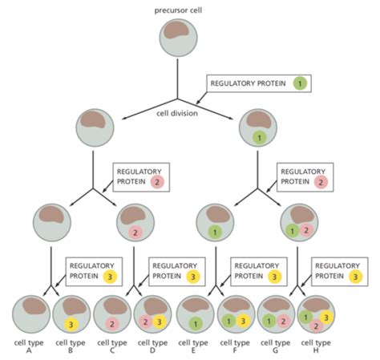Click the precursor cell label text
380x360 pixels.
tap(178, 10)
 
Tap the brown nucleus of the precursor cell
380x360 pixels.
tap(176, 30)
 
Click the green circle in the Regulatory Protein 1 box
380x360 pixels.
tap(300, 83)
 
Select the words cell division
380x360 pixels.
tap(177, 113)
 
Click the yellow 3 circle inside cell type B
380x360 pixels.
tap(71, 325)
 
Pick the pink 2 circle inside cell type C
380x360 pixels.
tap(112, 324)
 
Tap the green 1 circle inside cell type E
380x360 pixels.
tap(196, 324)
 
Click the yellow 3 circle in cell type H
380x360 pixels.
tap(326, 318)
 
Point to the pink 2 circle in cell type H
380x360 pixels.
tap(316, 326)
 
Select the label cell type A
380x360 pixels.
tap(29, 346)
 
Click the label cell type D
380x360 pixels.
tap(152, 346)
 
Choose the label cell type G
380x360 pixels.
tap(275, 346)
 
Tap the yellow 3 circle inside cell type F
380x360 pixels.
tap(243, 321)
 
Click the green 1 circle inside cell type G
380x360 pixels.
tap(269, 322)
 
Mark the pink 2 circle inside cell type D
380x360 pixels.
tap(145, 322)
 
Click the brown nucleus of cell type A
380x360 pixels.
tap(34, 305)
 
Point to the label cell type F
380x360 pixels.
tap(235, 346)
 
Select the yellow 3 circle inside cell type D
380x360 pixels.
tap(160, 322)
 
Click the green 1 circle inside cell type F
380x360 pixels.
tap(228, 321)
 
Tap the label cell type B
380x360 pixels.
tap(71, 346)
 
